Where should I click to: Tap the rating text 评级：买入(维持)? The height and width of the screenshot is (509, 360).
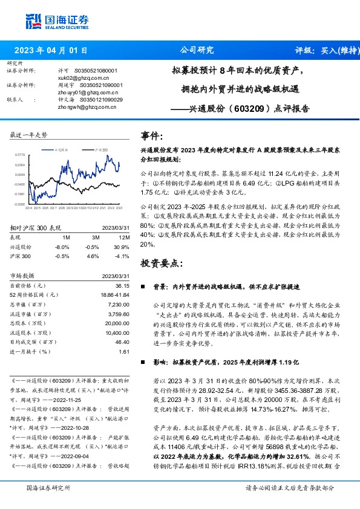coord(322,50)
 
